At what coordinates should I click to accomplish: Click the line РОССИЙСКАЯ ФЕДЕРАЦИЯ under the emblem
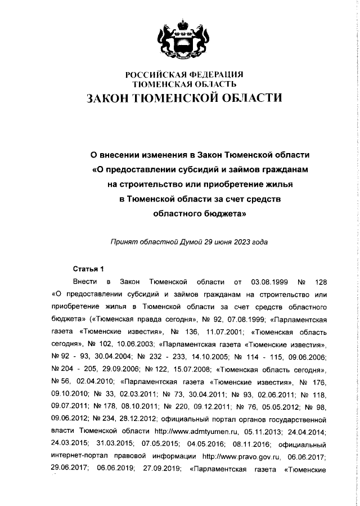tap(183, 75)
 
